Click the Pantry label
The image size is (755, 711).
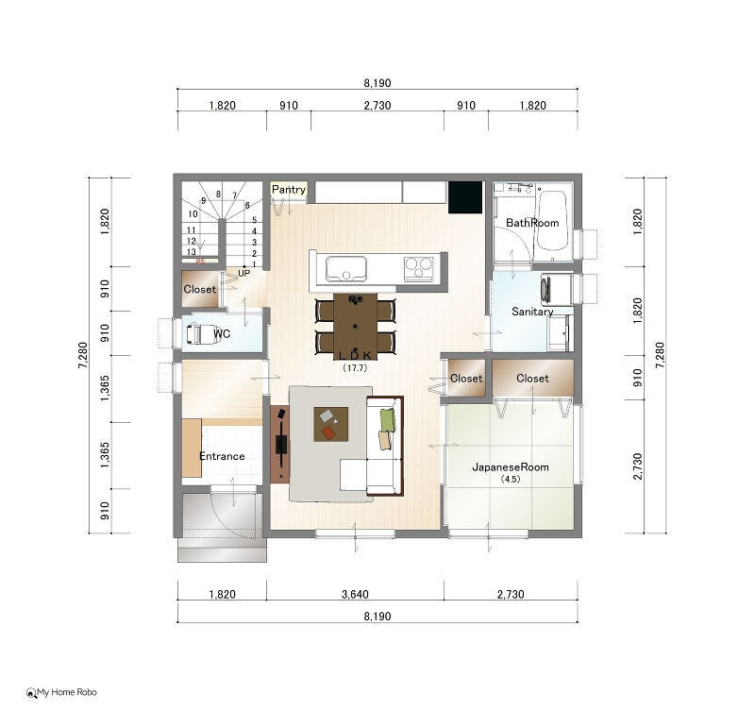pos(289,190)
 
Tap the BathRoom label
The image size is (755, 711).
pos(532,223)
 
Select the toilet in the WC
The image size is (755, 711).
pos(201,334)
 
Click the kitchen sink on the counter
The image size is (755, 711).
pos(346,269)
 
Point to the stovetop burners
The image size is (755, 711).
pos(418,268)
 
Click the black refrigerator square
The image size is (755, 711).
pos(465,197)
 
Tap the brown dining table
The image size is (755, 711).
pos(356,327)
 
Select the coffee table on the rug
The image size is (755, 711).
pos(331,424)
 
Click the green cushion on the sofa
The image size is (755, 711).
pos(388,419)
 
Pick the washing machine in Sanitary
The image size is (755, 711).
pos(557,290)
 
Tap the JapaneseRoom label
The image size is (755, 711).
pos(511,466)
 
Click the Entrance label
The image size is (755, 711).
pos(222,456)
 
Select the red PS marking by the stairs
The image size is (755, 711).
pos(200,262)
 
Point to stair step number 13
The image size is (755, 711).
pos(192,252)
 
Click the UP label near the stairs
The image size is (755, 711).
pos(244,273)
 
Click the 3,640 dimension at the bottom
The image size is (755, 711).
pos(355,594)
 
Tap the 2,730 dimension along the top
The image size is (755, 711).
pos(377,106)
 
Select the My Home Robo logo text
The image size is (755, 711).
pos(67,692)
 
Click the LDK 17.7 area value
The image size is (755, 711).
pos(355,367)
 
